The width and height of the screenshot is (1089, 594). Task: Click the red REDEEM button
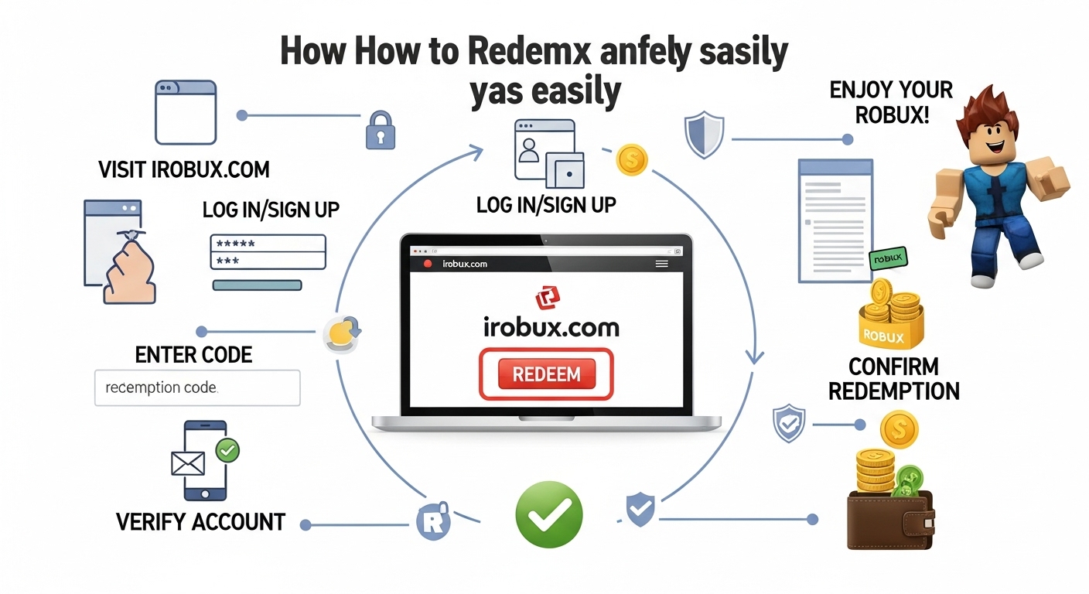tap(546, 374)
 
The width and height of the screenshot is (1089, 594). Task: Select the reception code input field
tap(196, 387)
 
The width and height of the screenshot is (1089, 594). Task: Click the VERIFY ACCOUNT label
tap(200, 521)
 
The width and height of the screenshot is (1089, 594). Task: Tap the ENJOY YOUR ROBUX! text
tap(879, 102)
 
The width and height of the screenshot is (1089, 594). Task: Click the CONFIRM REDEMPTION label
tap(893, 378)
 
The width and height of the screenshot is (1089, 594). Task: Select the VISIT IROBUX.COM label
tap(183, 169)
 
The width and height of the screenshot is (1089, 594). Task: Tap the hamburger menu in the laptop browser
tap(661, 264)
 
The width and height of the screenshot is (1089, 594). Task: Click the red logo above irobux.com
tap(547, 297)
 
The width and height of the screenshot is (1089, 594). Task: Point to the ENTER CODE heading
tap(193, 355)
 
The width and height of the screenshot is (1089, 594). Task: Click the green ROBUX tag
tap(888, 260)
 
